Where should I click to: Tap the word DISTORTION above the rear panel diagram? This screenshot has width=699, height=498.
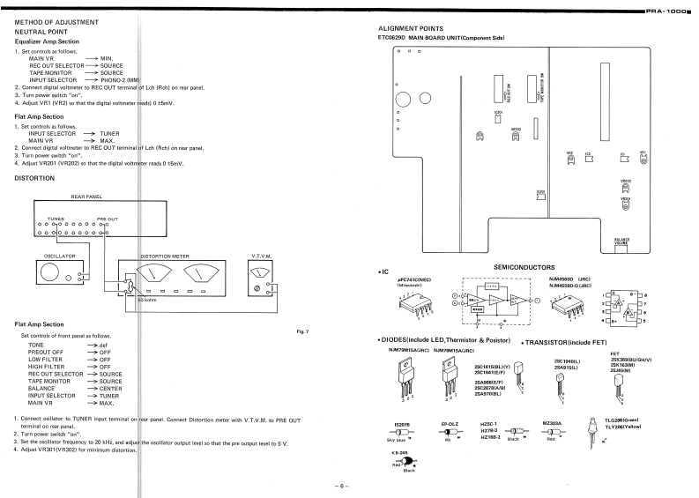point(36,177)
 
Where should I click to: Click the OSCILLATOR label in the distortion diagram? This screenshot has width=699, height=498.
point(50,256)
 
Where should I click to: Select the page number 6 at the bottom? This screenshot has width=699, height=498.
point(348,486)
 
